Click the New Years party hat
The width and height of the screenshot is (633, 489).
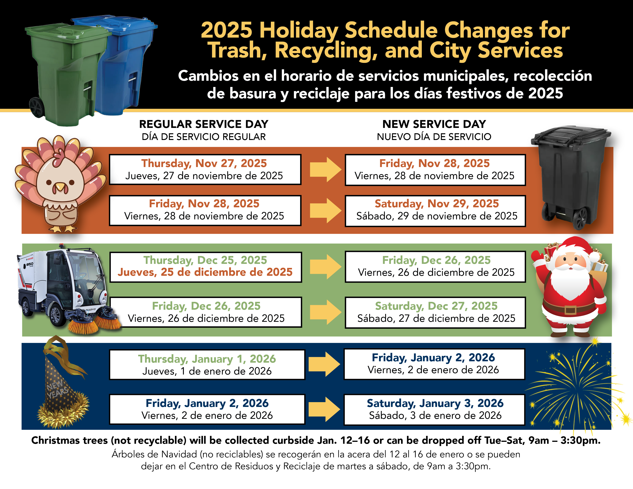point(61,385)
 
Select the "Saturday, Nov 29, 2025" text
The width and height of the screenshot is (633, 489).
point(437,204)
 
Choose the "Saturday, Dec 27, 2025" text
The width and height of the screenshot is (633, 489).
point(436,306)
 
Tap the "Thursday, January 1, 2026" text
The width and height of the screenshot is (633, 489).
point(207,359)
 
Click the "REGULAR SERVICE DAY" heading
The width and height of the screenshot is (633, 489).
point(204,124)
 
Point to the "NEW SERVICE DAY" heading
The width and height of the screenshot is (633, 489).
point(434,124)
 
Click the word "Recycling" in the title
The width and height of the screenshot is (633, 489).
point(326,51)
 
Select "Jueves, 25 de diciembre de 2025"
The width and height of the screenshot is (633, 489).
point(205,272)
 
